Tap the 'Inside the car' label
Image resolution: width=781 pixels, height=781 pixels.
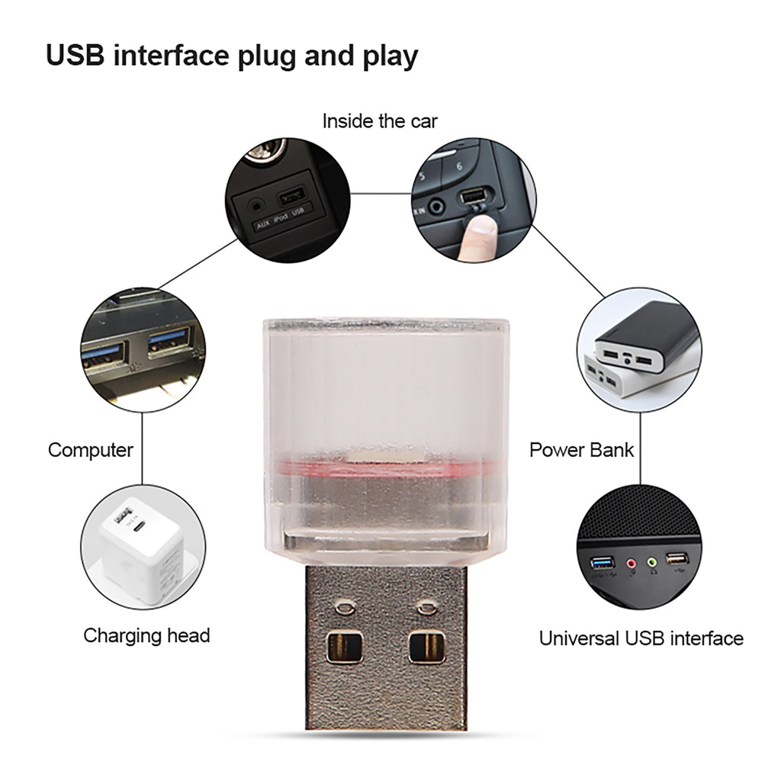pos(379,121)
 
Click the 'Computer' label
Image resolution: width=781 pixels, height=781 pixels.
pos(90,450)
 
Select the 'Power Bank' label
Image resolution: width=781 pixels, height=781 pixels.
pos(581,450)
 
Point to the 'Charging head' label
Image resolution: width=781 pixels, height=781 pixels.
pos(146,635)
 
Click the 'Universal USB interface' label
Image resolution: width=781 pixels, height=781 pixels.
pos(641,638)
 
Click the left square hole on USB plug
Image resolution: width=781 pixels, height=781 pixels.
pos(340,648)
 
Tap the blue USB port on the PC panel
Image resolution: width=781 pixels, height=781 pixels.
pos(603,564)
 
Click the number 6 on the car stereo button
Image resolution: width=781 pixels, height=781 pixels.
pos(458,165)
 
